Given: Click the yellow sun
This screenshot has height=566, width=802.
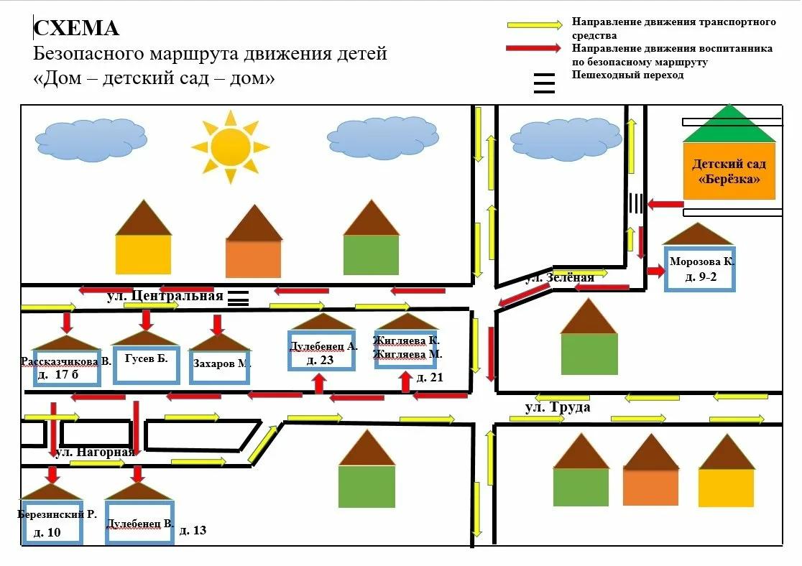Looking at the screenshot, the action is [230, 147].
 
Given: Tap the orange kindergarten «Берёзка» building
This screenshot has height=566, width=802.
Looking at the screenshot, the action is [729, 171].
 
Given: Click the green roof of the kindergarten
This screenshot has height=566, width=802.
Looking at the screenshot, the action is [729, 124].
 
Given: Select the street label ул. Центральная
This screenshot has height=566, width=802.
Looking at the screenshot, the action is [165, 296].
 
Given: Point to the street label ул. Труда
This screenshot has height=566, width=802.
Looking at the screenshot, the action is [558, 407].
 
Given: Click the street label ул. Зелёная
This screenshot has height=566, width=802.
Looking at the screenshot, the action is [560, 278].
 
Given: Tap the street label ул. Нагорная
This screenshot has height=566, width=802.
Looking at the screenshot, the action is [95, 452].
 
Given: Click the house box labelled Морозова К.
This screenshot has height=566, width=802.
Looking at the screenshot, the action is [700, 269].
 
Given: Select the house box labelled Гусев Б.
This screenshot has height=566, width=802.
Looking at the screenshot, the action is [147, 365].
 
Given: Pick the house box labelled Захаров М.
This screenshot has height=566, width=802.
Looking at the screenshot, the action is [219, 366].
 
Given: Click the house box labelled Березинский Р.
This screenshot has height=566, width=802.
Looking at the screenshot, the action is [52, 522].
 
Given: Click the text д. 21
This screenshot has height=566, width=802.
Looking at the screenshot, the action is [430, 377].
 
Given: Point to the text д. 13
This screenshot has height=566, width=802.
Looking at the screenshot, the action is [193, 530].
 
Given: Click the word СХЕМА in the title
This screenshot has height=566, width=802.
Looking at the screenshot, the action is [77, 28].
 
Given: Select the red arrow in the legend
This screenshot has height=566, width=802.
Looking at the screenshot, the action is [533, 48].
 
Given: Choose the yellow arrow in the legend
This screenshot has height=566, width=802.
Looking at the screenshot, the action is [535, 24].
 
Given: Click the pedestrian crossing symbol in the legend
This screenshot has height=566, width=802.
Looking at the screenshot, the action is [544, 83].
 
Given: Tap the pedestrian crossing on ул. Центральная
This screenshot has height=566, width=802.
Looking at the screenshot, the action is [238, 298].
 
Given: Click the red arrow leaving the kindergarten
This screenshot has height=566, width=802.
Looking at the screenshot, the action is [665, 204].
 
